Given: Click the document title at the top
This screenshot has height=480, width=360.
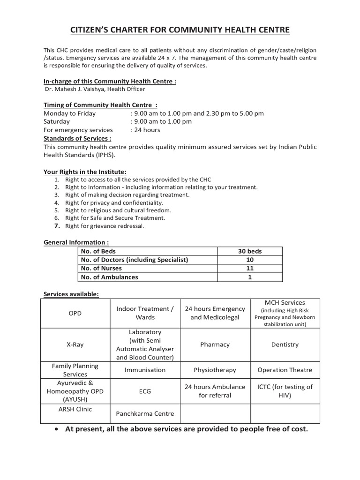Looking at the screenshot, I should coord(180,30).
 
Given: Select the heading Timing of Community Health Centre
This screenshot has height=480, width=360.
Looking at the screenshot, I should coord(100,105).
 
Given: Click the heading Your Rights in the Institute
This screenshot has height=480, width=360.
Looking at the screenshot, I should coord(85,172).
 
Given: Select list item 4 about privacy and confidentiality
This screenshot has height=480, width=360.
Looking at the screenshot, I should coord(114,202).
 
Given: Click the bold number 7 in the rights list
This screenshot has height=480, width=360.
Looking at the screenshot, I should coord(56,226).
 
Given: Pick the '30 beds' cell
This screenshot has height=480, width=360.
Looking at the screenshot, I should coord(250,251).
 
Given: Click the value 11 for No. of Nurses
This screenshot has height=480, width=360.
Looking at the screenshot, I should coord(250,268).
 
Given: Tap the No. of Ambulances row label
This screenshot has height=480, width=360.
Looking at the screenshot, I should coord(109,277).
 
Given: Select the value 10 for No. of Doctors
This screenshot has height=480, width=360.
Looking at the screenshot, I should coord(250,260).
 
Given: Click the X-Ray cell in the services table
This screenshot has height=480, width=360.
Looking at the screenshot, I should coord(75,345).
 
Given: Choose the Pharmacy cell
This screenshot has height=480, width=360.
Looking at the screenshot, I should coord(215,345).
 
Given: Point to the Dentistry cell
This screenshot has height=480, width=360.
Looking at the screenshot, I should coord(285,345).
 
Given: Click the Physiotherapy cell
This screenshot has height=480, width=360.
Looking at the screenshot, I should coord(215,370).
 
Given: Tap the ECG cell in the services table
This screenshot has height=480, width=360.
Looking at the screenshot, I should coord(145,391).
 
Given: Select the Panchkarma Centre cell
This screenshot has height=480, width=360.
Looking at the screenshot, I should coord(145,413).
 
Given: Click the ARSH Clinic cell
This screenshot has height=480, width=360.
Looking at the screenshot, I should coord(75,409).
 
